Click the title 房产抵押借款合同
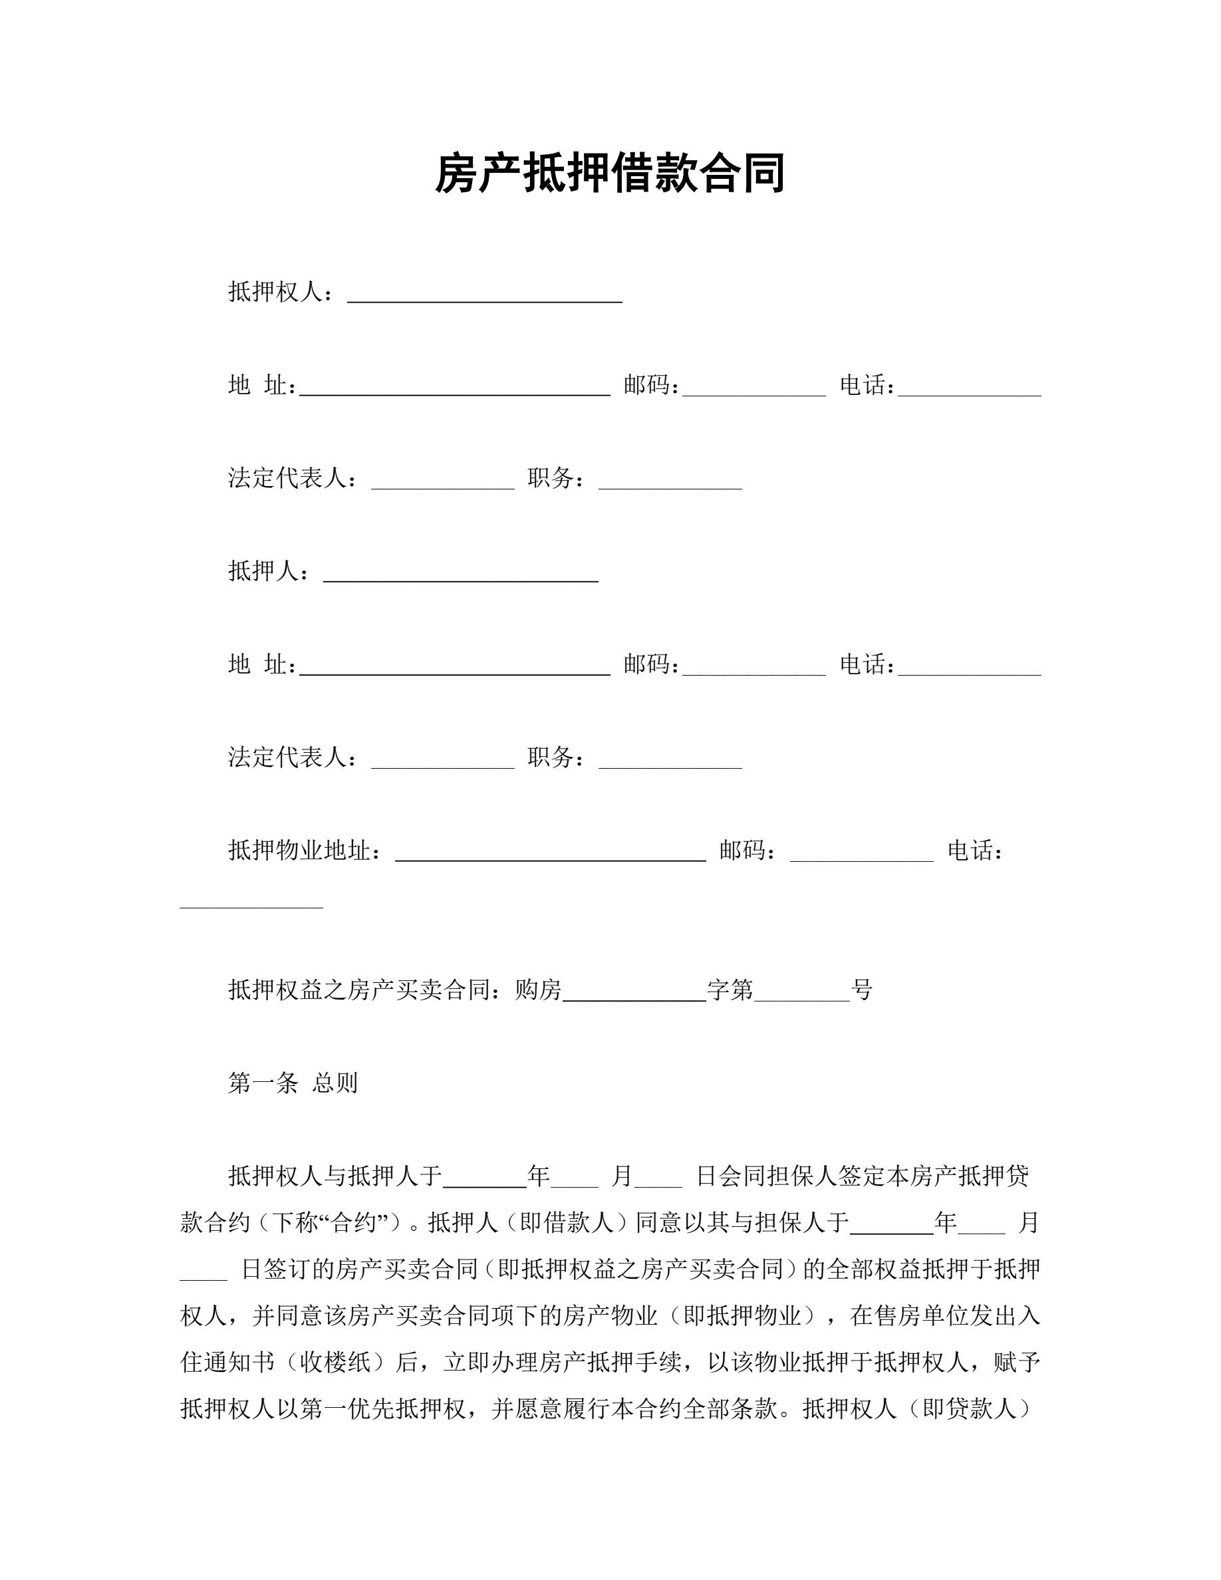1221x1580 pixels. tap(610, 174)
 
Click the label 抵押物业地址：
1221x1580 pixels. tap(305, 851)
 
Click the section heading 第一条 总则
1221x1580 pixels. tap(293, 1083)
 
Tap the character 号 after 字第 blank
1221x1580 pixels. tap(863, 989)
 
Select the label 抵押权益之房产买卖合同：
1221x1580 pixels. tap(370, 989)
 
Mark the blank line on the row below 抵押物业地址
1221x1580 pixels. tap(251, 904)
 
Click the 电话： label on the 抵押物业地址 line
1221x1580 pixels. tap(975, 851)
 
